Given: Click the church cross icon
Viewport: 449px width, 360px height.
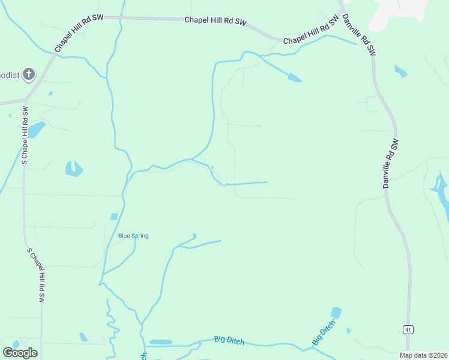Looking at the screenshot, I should [29, 75].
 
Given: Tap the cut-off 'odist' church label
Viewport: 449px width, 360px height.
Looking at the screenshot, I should [10, 75].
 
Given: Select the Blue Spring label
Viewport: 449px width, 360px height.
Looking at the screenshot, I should [133, 236].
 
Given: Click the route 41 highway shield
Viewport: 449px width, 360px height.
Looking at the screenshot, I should [408, 329].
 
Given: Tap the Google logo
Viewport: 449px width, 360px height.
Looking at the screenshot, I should [20, 353].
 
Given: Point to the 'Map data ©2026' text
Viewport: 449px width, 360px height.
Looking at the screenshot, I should [423, 355].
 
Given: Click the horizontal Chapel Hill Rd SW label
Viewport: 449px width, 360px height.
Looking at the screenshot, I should [215, 21].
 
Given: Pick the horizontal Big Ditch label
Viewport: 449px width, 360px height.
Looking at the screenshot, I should [229, 340].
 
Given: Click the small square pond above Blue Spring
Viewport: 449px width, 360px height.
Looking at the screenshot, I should [114, 217].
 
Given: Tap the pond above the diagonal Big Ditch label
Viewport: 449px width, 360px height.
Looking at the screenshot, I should [336, 313].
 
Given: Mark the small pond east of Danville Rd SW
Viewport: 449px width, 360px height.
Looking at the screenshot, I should [400, 71].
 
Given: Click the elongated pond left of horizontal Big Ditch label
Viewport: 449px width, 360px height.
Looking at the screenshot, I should [160, 342].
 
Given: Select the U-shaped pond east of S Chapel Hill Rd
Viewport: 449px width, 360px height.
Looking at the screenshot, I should [73, 169].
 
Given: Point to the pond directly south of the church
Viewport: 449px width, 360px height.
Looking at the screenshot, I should [36, 129].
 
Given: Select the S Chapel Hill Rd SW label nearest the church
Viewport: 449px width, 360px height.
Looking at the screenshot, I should [25, 136].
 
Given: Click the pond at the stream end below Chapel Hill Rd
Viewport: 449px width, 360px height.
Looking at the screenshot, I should [295, 77].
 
